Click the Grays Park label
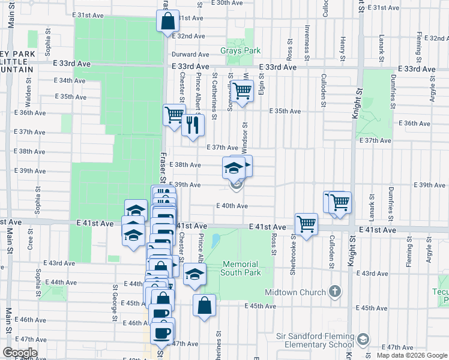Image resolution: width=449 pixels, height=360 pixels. pos(240,51)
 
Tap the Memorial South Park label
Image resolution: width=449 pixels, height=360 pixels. pos(240,268)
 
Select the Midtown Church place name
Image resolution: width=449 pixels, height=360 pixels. pos(296,292)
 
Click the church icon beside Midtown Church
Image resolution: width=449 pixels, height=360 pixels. pos(335,292)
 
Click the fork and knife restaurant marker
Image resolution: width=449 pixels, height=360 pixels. pos(193,125)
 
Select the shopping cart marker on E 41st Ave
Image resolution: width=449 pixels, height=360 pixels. pos(306,224)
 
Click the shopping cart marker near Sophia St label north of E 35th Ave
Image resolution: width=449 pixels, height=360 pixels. pos(242,92)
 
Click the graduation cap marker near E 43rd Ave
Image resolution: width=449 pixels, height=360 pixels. pos(194,275)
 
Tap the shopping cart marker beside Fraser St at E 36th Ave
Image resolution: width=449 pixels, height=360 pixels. pos(174,113)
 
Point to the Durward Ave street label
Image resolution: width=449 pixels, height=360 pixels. pos(190,54)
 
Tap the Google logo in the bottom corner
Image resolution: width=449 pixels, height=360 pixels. pos(20,353)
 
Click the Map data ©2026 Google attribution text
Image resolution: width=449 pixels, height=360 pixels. pos(411,355)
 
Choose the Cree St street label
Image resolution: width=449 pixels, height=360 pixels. pos(29,242)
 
